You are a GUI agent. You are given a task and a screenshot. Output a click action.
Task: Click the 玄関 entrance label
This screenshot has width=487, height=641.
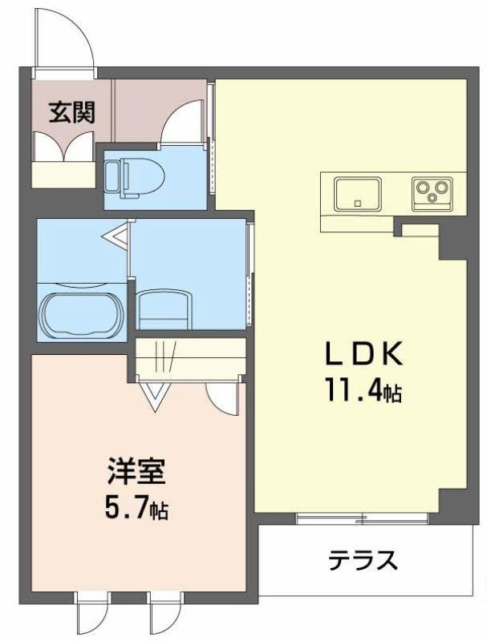pos(71,112)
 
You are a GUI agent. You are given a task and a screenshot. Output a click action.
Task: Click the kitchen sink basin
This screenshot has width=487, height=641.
pos(358,194)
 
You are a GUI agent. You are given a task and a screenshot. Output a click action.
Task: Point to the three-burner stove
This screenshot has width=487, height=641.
pos(432,193)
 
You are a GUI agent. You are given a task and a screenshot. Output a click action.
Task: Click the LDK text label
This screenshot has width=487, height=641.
pos(364,354)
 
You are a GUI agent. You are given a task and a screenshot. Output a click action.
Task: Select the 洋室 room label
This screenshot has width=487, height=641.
pos(136,472)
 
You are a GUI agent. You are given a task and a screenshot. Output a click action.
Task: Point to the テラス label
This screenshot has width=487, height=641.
pos(363,560)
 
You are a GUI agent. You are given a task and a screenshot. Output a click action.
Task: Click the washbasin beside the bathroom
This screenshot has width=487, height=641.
pos(164,308)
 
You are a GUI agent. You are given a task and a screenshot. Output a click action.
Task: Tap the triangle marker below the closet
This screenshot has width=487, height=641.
pos(155,397)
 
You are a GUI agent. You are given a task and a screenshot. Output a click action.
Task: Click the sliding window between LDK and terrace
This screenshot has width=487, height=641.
pos(362,518)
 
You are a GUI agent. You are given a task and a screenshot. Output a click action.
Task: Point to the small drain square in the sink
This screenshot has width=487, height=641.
pos(358,203)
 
